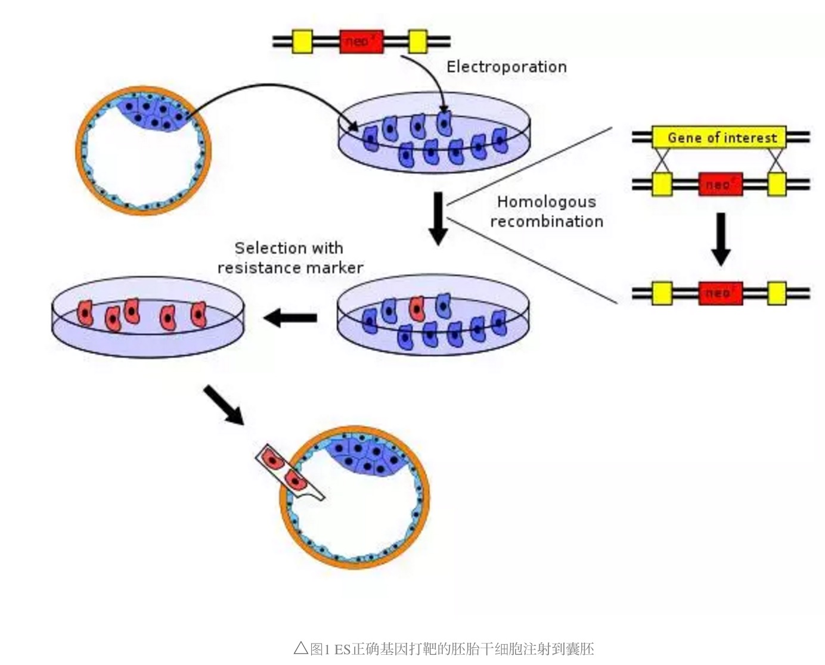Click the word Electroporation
click(x=506, y=67)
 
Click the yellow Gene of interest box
click(x=719, y=138)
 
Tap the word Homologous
click(x=546, y=202)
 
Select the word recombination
click(x=546, y=222)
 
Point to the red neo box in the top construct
click(x=361, y=41)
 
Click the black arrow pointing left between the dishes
click(x=290, y=318)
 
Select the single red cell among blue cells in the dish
click(x=417, y=308)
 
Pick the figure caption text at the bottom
click(x=444, y=648)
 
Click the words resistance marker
click(x=290, y=268)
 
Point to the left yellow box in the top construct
click(x=302, y=41)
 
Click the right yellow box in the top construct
click(x=417, y=41)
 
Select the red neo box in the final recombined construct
click(x=720, y=293)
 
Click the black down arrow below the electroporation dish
click(x=438, y=217)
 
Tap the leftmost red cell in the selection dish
click(x=86, y=312)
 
